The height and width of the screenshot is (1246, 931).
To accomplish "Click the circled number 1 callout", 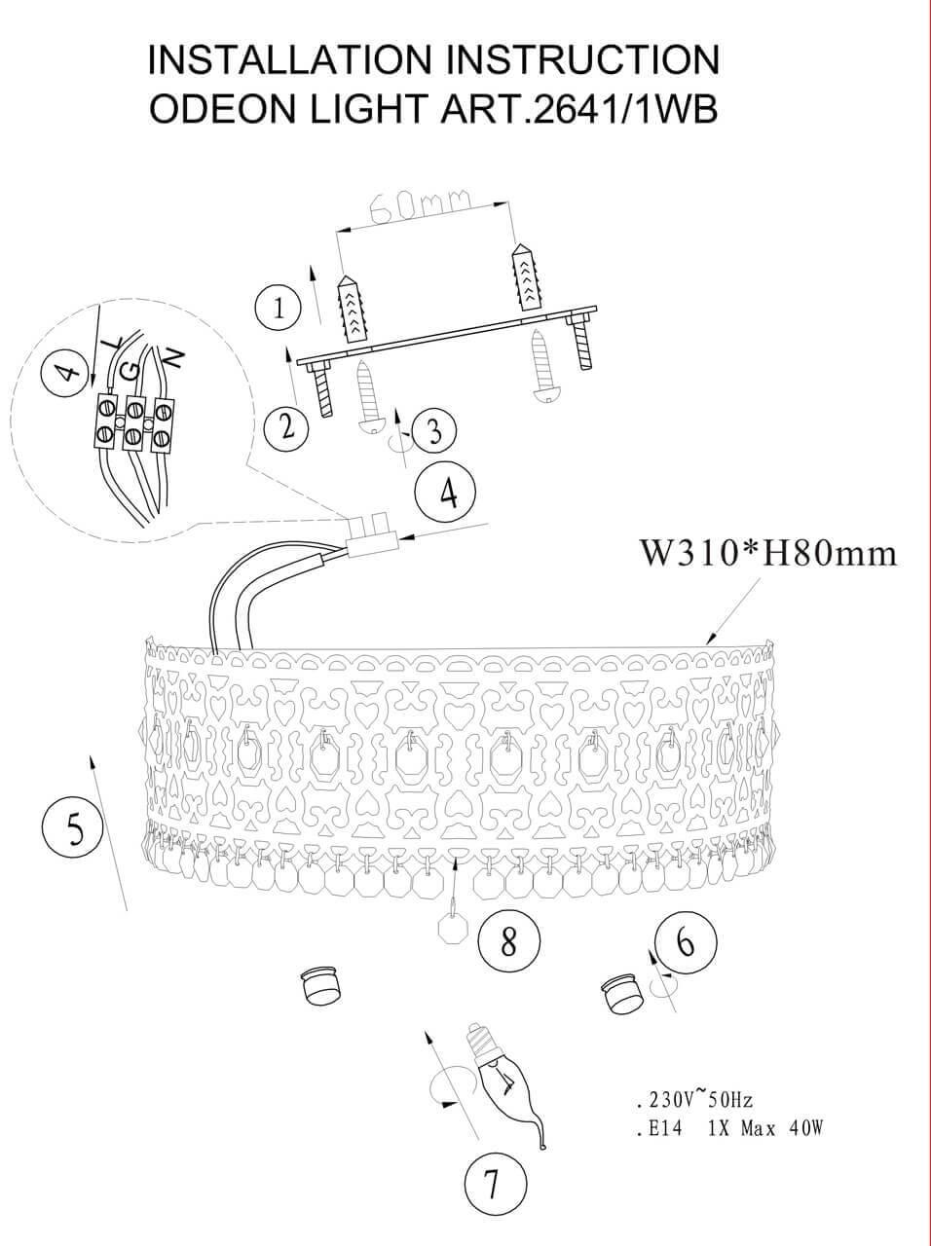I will click(x=279, y=310).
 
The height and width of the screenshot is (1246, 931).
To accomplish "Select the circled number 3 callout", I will click(x=433, y=430).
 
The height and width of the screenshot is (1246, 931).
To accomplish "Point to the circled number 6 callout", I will click(x=687, y=942).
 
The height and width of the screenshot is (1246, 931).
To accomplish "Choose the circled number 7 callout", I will click(x=494, y=1186).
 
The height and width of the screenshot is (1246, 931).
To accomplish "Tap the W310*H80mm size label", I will click(x=766, y=554).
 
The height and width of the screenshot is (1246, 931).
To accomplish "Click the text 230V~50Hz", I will click(x=692, y=1101).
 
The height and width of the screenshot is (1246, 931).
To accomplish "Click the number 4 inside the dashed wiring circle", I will click(x=66, y=372).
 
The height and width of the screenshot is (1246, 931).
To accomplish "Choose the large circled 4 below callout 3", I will click(x=447, y=493).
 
